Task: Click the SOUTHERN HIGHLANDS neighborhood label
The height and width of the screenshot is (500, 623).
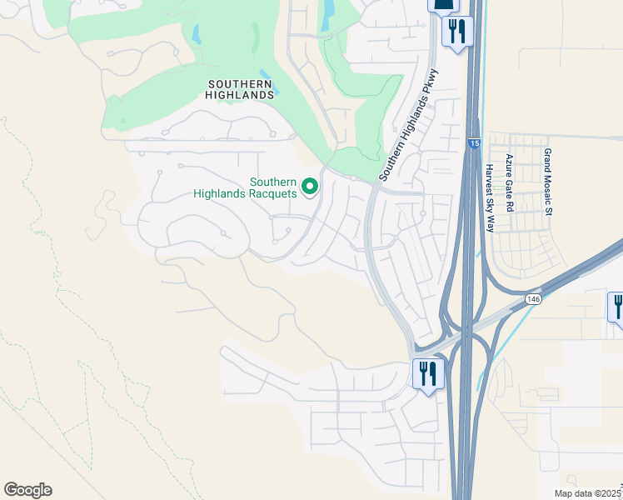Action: point(240,89)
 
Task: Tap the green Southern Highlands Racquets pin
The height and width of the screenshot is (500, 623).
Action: point(310,186)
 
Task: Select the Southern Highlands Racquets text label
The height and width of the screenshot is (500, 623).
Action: point(245,187)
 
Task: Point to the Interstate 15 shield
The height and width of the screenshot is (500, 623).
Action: point(473,144)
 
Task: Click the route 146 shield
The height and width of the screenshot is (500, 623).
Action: point(531,297)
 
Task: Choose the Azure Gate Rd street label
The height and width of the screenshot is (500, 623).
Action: point(509,182)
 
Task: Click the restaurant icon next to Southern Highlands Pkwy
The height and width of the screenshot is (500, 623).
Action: point(456,32)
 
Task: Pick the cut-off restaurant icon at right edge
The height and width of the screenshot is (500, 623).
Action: point(617,306)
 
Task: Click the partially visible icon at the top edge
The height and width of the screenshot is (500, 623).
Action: point(442,5)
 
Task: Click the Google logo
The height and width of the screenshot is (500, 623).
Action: point(27,490)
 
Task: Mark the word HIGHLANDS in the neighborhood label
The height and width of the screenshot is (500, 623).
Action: point(240,95)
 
